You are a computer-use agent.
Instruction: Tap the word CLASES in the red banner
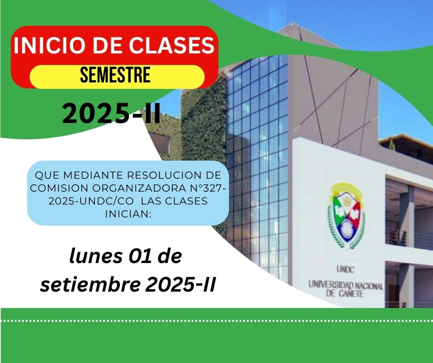(x=171, y=45)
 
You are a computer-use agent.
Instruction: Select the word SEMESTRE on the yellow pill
(x=116, y=75)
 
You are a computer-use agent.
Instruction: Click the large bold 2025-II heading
(x=111, y=113)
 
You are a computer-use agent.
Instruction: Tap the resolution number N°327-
(x=208, y=188)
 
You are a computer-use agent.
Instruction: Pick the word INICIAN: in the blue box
(x=128, y=214)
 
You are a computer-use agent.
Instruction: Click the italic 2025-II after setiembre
(x=180, y=285)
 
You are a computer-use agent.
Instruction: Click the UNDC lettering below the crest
(x=345, y=269)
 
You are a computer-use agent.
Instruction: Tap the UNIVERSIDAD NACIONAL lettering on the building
(x=345, y=285)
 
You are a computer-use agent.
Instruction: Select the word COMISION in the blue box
(x=59, y=188)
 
